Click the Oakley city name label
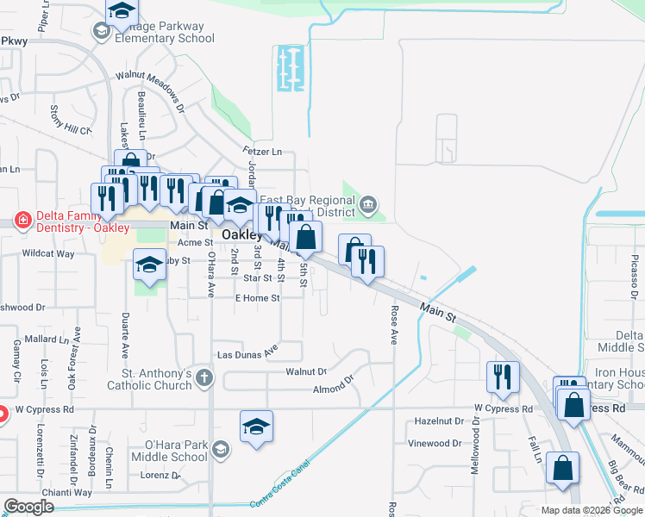(x=242, y=234)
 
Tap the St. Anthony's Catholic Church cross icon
(x=204, y=377)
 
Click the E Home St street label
(x=258, y=298)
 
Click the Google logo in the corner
(x=28, y=507)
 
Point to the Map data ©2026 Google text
(x=592, y=510)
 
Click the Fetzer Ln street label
(x=265, y=152)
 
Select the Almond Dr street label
(x=334, y=383)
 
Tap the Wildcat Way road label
(x=48, y=254)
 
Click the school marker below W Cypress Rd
(x=256, y=427)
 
